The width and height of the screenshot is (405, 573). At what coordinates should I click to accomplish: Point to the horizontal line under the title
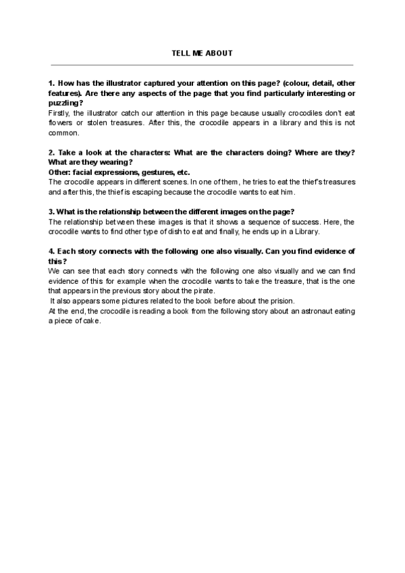pyautogui.click(x=202, y=65)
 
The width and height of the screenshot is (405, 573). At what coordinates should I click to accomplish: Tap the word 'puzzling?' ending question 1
pyautogui.click(x=65, y=103)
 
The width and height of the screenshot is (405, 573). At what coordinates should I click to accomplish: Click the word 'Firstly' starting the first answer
pyautogui.click(x=58, y=114)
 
